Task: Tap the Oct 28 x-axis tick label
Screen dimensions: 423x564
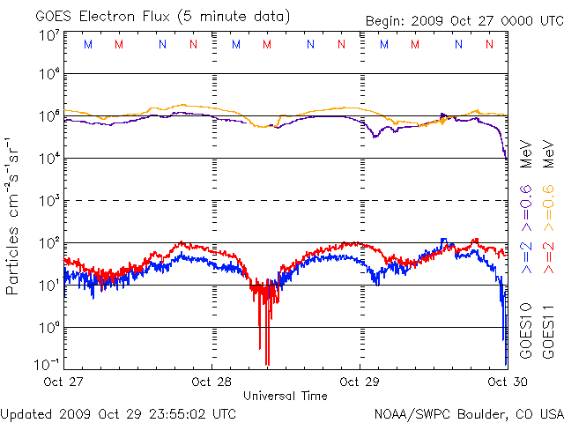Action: [x=212, y=382]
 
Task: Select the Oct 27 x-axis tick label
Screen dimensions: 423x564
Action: [x=64, y=382]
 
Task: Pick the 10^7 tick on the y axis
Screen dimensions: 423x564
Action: [x=48, y=35]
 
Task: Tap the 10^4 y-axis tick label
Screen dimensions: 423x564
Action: [x=48, y=158]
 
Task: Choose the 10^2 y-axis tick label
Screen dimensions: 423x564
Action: [x=48, y=242]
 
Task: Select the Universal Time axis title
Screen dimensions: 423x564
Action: [x=285, y=396]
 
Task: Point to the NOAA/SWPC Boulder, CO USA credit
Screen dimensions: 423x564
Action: [x=468, y=413]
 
